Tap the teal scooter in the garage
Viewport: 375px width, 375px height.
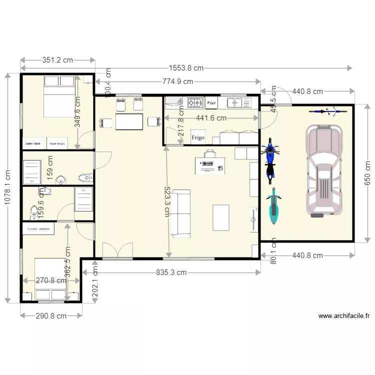coord(273,206)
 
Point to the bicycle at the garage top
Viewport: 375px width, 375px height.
coord(327,111)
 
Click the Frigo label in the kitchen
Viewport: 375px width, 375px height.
coord(198,137)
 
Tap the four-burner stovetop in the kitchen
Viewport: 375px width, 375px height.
coord(194,103)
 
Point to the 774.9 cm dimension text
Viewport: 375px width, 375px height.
coord(177,81)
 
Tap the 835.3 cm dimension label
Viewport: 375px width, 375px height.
coord(169,272)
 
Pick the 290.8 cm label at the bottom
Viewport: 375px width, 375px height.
coord(51,315)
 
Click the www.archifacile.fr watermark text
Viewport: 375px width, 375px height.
coord(343,315)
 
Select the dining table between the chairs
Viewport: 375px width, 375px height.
coord(129,121)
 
